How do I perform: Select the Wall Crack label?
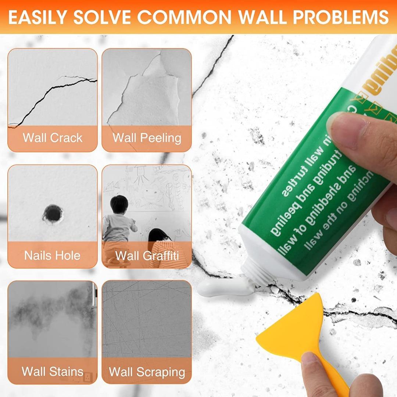53,138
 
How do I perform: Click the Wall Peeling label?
147,138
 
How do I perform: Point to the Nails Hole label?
52,255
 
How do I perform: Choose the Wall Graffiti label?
147,255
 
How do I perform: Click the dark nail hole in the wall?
52,213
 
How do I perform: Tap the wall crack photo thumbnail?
53,88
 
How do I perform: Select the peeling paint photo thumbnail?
147,88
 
